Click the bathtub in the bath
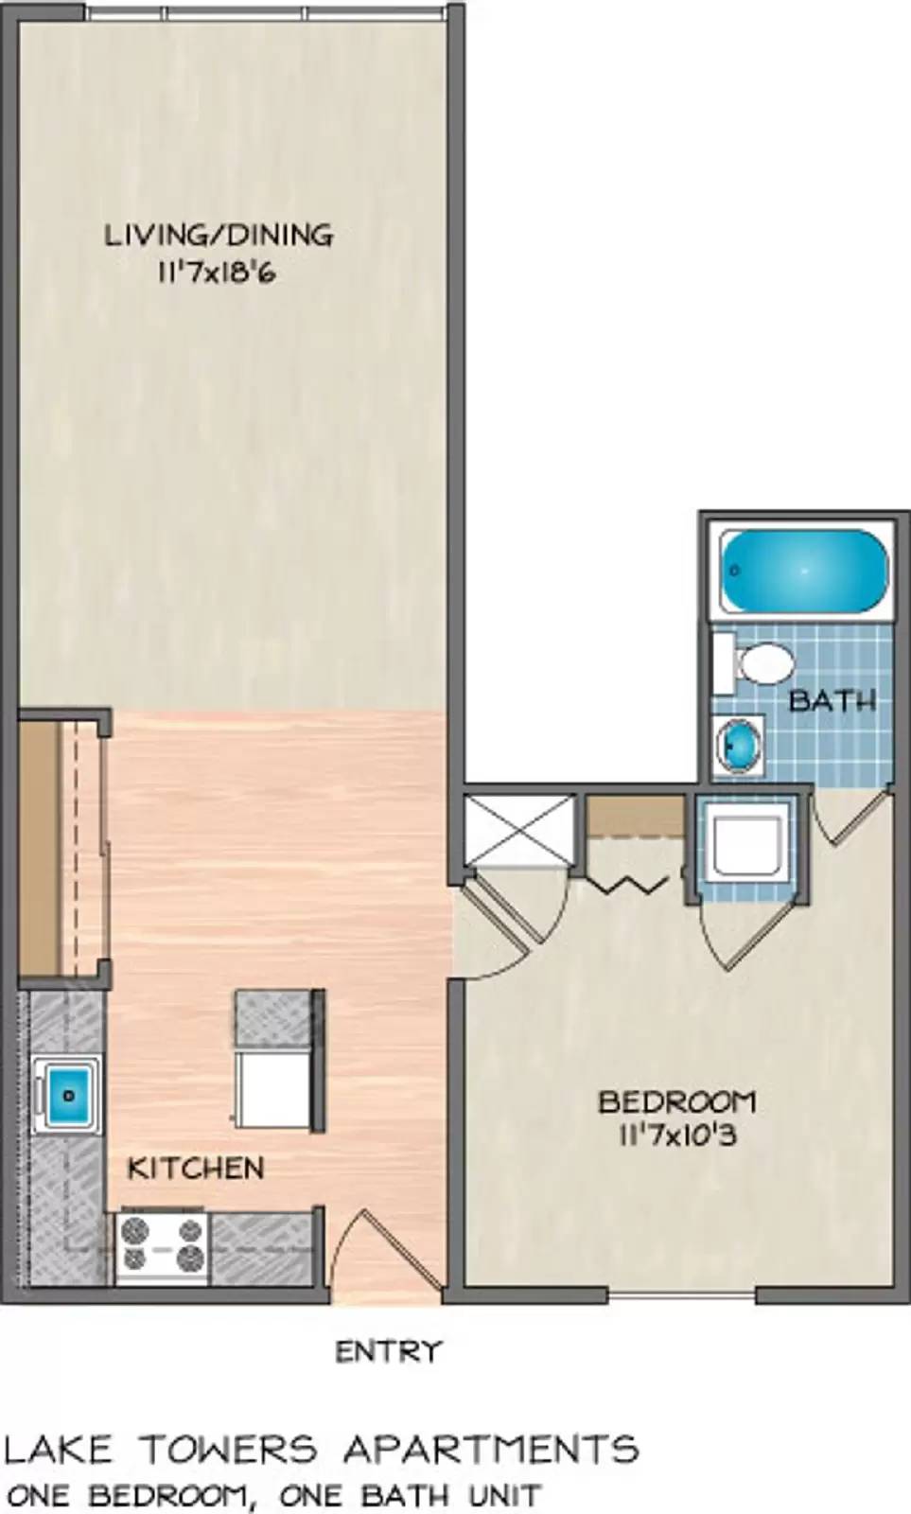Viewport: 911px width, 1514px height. tap(804, 572)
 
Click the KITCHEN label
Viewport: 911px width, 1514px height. tap(196, 1168)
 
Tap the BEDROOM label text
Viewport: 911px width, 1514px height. tap(677, 1101)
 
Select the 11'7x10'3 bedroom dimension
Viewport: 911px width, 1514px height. tap(677, 1135)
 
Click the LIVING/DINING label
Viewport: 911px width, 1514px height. tap(219, 235)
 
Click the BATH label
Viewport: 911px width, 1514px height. tap(832, 701)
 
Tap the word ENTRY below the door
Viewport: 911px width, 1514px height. tap(389, 1351)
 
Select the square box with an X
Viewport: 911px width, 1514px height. tap(520, 829)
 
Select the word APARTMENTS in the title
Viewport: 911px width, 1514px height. tap(490, 1449)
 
